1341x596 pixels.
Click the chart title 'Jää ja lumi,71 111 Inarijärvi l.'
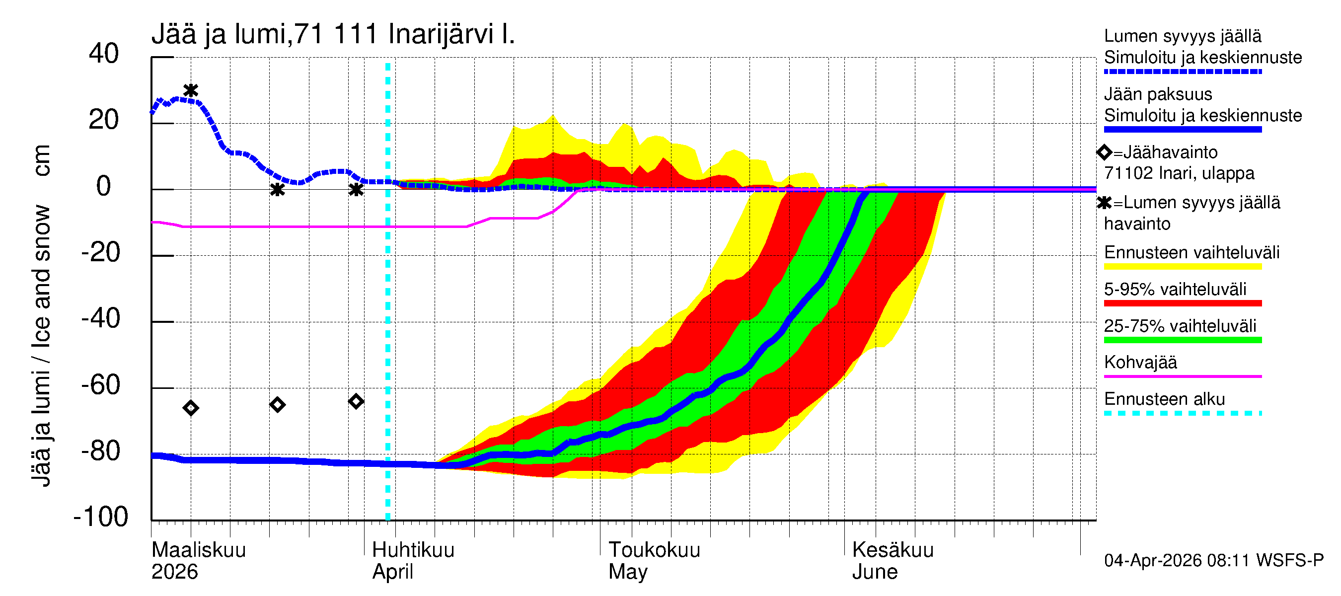coord(333,34)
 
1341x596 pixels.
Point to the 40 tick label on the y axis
coord(104,54)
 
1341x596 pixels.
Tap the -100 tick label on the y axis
coord(101,517)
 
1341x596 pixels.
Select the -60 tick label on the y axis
coord(101,385)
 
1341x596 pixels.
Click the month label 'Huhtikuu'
coord(413,550)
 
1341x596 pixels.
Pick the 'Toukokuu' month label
coord(655,550)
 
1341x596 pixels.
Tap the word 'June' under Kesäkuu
coord(875,572)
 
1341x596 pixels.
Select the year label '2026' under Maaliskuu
coord(174,572)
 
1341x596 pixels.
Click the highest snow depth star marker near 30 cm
coord(191,90)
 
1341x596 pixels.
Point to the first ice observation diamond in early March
coord(191,408)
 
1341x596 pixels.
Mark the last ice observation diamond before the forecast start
coord(356,401)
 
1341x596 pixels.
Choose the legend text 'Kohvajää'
coord(1140,362)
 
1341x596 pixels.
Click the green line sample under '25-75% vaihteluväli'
coord(1182,340)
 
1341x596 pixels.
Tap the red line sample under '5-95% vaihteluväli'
coord(1182,303)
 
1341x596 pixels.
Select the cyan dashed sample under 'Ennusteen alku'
coord(1182,414)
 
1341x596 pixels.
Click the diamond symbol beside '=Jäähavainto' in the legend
coord(1104,152)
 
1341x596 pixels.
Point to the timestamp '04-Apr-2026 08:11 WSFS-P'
coord(1213,561)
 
